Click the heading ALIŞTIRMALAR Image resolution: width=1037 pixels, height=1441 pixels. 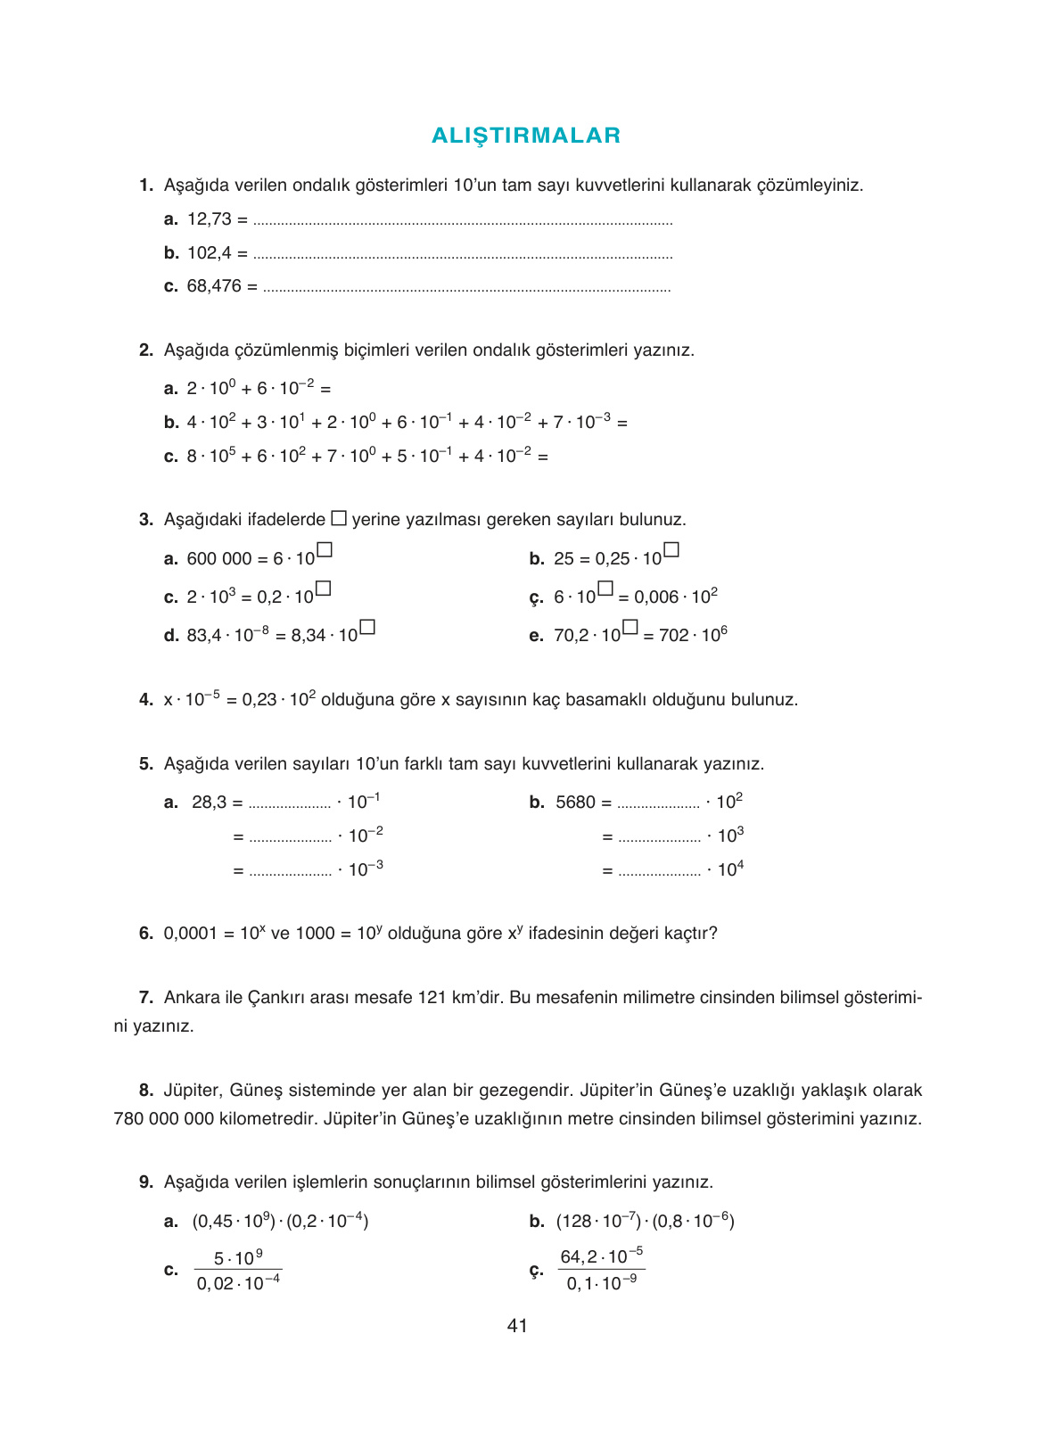(x=526, y=136)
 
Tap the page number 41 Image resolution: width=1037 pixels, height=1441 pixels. (x=517, y=1326)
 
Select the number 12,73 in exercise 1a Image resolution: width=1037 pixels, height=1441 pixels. (x=210, y=219)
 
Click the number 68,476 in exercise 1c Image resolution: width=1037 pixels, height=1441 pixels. (x=214, y=286)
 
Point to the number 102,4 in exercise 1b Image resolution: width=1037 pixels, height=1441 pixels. (x=210, y=253)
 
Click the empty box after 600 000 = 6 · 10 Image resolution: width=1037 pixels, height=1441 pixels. (x=325, y=550)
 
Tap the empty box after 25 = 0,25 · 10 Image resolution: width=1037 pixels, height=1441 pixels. (x=671, y=550)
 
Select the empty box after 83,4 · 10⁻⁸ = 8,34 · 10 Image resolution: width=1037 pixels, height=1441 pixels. (x=367, y=627)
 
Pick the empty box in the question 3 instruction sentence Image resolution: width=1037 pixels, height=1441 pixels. (x=339, y=518)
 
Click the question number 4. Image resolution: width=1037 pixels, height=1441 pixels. (x=146, y=700)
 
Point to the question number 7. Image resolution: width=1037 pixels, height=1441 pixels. (x=146, y=998)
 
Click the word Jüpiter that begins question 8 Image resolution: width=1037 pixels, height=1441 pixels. (x=192, y=1091)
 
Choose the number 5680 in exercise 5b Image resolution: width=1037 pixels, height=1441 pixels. (x=575, y=803)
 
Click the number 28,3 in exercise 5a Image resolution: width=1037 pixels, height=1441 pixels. (x=210, y=803)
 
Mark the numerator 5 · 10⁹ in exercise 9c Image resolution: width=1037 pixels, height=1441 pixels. (x=238, y=1258)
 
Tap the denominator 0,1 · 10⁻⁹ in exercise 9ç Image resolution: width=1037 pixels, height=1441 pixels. (x=602, y=1284)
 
